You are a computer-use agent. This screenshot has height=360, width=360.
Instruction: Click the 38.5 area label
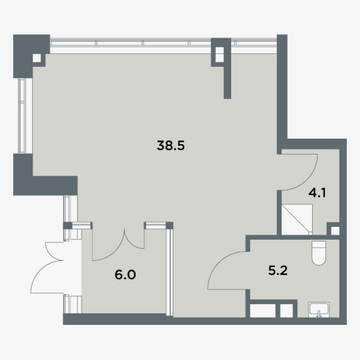[170, 146]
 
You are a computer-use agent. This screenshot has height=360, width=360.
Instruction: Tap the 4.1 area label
[317, 193]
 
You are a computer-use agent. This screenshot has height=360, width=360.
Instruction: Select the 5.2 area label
[278, 271]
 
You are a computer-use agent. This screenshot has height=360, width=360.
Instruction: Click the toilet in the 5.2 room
[318, 253]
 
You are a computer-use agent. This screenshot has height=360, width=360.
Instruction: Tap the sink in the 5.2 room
[319, 309]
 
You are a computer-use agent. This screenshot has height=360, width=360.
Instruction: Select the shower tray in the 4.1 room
[297, 220]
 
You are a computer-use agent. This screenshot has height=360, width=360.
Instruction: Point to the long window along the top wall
[163, 43]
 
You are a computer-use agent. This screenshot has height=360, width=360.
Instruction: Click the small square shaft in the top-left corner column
[37, 58]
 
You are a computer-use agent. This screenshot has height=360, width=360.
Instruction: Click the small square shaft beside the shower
[335, 231]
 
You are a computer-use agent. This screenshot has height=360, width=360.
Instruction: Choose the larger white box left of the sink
[263, 311]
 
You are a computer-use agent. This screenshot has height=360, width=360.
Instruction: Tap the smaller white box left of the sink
[286, 311]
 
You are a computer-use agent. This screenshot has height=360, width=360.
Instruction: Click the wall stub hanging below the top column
[227, 82]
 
